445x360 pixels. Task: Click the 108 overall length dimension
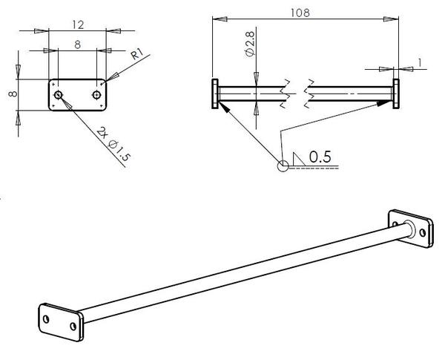(300, 13)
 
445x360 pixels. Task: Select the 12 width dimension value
(78, 25)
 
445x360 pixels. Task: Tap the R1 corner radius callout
(136, 53)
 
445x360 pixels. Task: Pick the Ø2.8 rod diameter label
(250, 45)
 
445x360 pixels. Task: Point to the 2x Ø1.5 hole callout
(113, 144)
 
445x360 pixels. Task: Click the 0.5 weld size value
(320, 157)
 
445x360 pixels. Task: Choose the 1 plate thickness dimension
(420, 63)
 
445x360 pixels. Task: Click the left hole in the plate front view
(58, 95)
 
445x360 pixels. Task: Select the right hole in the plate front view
(96, 95)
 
